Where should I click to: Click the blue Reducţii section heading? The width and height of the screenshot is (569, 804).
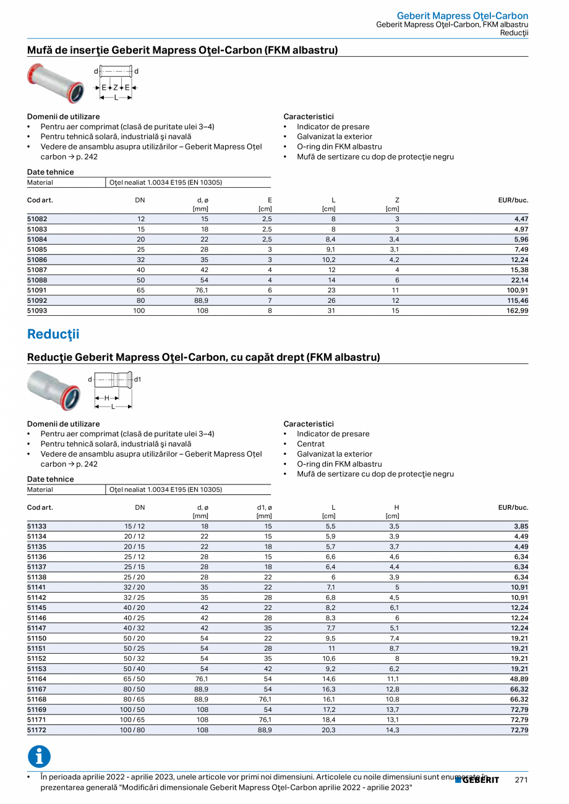[53, 334]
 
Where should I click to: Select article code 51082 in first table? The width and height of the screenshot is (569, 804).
[37, 219]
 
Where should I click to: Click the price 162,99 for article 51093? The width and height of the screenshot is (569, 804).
[517, 311]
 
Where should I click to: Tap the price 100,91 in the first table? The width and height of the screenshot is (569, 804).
[517, 290]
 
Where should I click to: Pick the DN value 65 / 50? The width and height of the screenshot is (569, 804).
[134, 679]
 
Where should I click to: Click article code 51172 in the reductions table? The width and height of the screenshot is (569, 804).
[37, 730]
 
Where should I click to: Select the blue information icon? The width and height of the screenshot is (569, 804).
[39, 757]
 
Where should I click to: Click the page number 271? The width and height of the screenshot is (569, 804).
[521, 780]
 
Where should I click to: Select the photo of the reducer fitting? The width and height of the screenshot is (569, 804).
[53, 390]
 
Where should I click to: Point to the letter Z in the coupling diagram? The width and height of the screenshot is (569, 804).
[115, 88]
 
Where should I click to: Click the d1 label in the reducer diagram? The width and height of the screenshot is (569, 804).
[137, 379]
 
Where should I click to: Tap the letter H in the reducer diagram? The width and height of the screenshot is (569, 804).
[106, 398]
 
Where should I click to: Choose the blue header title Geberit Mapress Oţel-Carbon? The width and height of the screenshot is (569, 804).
[462, 15]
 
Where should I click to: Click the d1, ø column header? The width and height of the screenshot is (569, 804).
[264, 507]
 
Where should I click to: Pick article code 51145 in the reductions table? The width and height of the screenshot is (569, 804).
[37, 608]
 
